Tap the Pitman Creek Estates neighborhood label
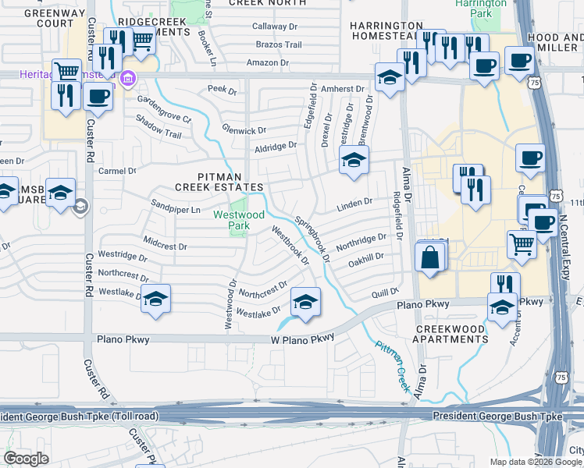tap(219, 182)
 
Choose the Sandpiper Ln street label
tap(176, 210)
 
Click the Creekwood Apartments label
tap(452, 334)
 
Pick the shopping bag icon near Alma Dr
tap(429, 257)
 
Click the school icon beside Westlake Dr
tap(156, 298)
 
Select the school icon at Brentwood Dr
tap(353, 161)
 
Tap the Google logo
tap(26, 458)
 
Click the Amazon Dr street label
tap(268, 62)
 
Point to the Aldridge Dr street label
tap(276, 146)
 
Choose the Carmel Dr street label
tap(117, 171)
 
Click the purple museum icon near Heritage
tap(127, 79)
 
